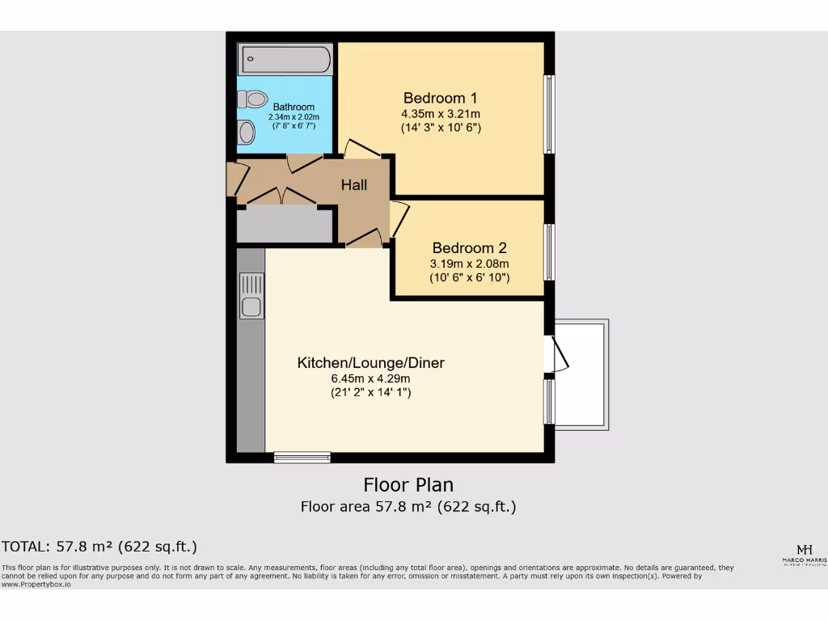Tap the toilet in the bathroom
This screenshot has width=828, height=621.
[x=252, y=99]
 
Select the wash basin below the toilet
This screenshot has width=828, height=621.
[x=245, y=132]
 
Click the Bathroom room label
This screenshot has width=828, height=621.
[x=294, y=107]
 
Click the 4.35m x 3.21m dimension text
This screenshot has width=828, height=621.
[x=441, y=114]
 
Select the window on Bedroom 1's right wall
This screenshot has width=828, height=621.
[x=548, y=114]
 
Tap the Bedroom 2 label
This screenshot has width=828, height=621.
[x=469, y=248]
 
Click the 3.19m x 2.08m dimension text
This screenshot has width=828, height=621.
[x=469, y=264]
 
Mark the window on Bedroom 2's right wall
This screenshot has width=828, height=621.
[x=548, y=251]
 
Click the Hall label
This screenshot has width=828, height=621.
[x=353, y=185]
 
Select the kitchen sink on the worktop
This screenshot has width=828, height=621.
[x=251, y=296]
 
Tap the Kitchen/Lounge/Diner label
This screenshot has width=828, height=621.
[x=370, y=363]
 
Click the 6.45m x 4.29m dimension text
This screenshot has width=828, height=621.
[x=370, y=378]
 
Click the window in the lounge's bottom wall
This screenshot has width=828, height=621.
[x=302, y=458]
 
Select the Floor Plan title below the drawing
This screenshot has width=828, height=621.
[x=408, y=485]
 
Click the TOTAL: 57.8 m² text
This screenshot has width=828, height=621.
[x=99, y=547]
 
